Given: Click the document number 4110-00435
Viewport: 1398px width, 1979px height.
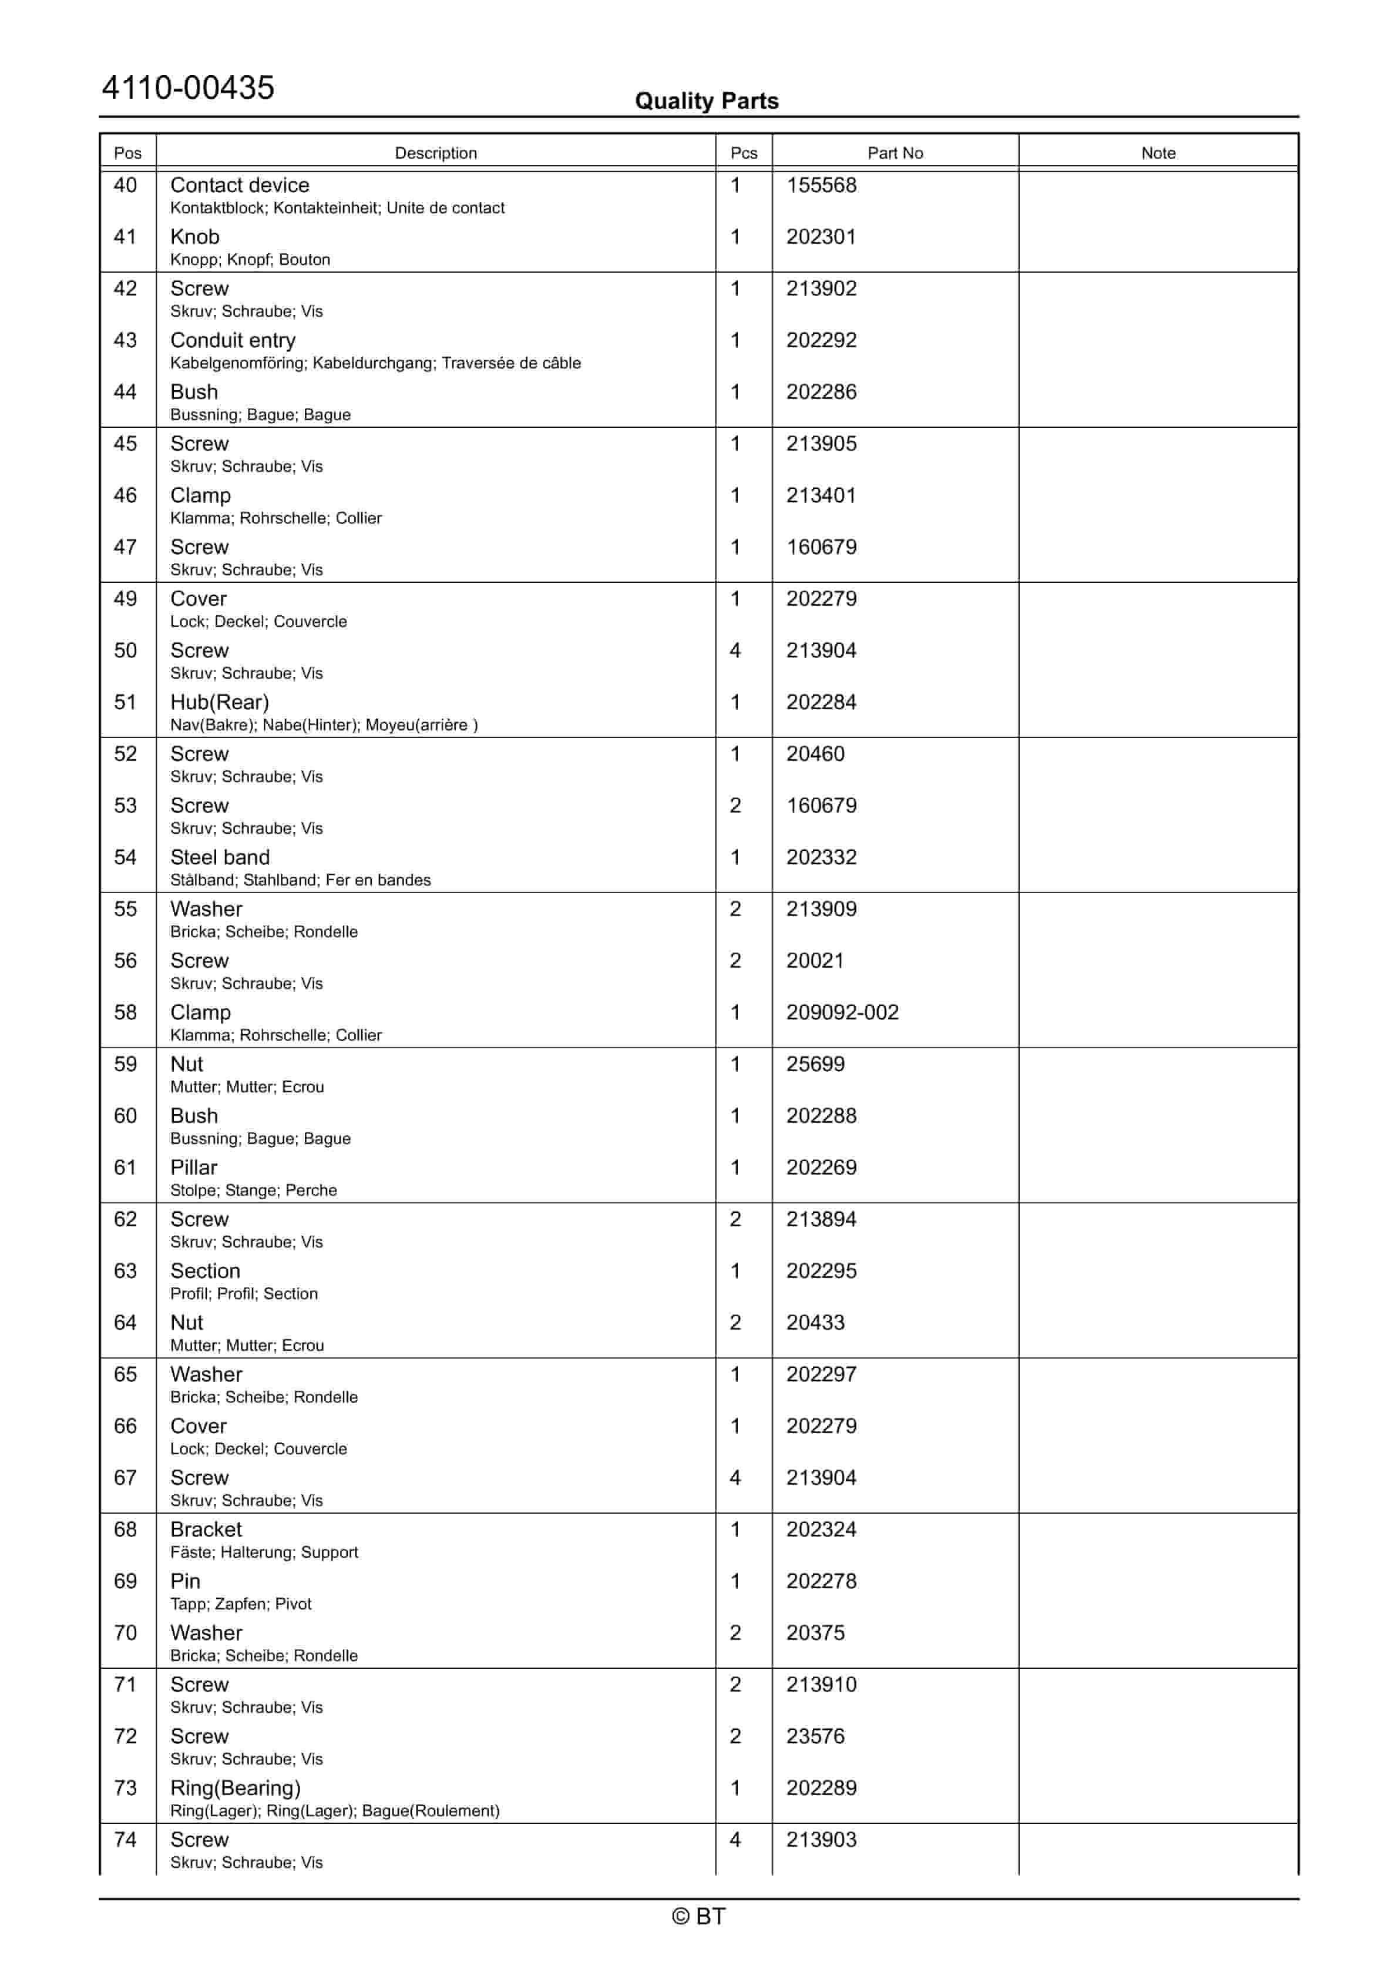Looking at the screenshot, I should [188, 88].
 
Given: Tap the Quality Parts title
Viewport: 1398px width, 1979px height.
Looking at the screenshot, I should [706, 102].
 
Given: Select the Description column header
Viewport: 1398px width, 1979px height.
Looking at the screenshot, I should [435, 153].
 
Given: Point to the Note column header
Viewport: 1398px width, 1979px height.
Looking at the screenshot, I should [1158, 153].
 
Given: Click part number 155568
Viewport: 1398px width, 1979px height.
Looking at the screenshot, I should [821, 185].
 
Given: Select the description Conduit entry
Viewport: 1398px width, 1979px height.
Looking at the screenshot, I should [233, 340].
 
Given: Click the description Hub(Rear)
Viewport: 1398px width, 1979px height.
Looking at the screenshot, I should [219, 703].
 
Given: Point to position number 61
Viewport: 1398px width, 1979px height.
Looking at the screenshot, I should [126, 1168].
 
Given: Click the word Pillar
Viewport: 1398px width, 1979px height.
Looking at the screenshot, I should [194, 1168].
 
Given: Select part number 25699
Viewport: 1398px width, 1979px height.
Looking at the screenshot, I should [815, 1065].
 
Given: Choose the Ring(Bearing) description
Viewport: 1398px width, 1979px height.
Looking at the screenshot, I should [236, 1789].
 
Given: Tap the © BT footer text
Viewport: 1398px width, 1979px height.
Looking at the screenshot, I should [698, 1916].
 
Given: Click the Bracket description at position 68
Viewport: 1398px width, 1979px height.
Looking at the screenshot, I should [206, 1530].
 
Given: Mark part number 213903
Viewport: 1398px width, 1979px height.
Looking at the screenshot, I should [821, 1840].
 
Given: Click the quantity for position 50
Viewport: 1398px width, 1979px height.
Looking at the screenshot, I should [735, 651].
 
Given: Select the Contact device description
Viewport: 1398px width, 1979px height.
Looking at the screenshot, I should [240, 185].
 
